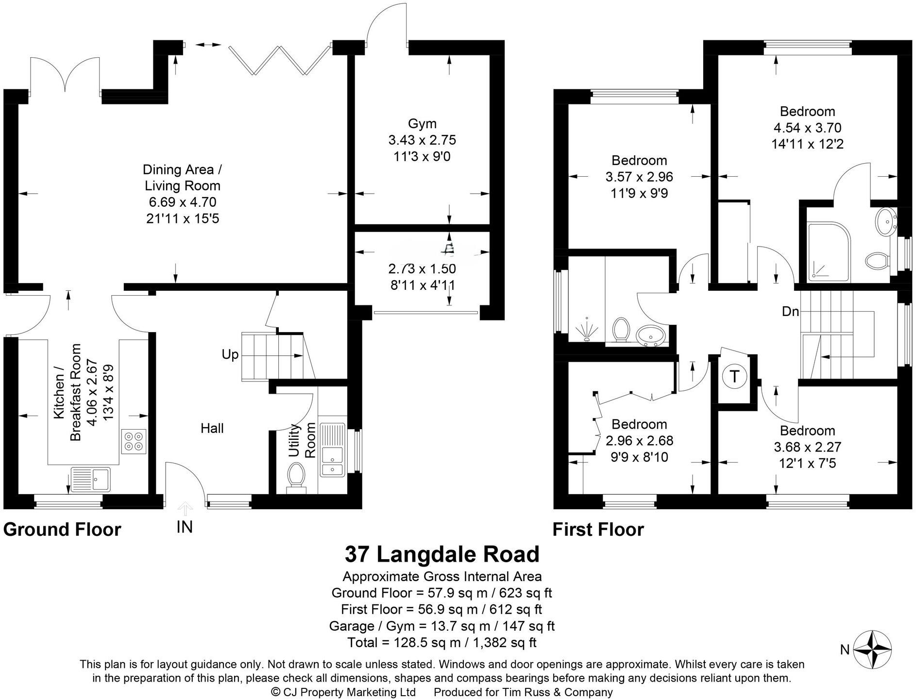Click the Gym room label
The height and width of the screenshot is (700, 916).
tap(422, 123)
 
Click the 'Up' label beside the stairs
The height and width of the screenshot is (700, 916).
tap(230, 354)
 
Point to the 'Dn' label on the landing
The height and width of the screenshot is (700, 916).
tap(790, 312)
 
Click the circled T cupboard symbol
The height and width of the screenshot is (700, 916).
tap(734, 376)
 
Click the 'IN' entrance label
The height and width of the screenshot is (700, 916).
tap(185, 527)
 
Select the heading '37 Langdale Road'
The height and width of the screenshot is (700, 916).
tap(441, 554)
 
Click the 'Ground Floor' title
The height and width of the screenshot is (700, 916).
tap(62, 529)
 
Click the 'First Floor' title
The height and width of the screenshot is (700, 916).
tap(598, 529)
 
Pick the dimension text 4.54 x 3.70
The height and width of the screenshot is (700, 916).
tap(807, 128)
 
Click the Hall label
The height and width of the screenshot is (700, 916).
tap(212, 428)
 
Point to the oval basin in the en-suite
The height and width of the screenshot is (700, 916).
tap(886, 222)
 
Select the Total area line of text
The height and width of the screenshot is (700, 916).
tap(441, 643)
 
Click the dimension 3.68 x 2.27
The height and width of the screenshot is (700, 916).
tap(807, 447)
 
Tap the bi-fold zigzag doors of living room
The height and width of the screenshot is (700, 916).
tap(279, 61)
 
